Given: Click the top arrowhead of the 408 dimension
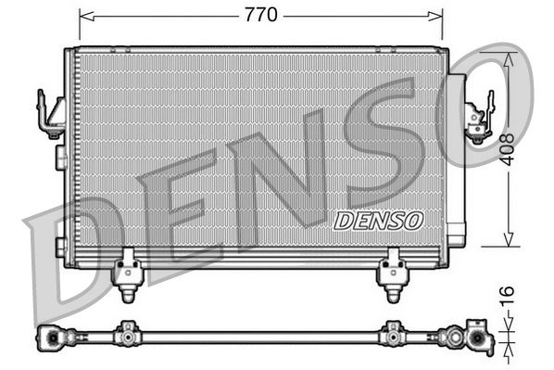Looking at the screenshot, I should (x=508, y=56).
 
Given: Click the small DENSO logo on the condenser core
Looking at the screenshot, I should (x=377, y=220).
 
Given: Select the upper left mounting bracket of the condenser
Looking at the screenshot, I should (x=49, y=114).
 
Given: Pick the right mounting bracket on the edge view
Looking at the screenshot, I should (x=392, y=332).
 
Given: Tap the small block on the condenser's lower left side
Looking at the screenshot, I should (x=60, y=247).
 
